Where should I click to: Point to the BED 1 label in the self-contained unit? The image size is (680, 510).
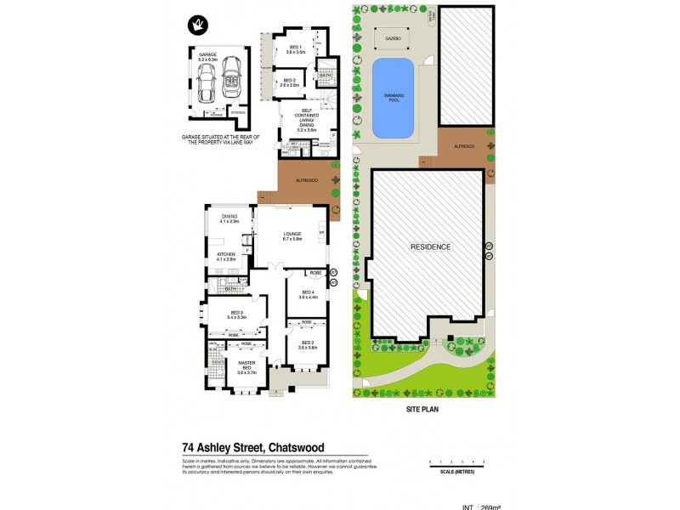[x=295, y=49]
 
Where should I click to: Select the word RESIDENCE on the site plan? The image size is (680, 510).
[x=431, y=246]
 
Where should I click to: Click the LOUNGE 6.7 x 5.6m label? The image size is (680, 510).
[x=293, y=237]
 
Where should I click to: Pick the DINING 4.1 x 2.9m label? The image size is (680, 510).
[x=229, y=219]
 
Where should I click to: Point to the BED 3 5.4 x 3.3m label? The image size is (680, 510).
[x=236, y=314]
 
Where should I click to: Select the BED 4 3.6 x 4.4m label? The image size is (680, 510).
[x=307, y=295]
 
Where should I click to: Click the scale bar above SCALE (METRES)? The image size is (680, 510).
[x=457, y=462]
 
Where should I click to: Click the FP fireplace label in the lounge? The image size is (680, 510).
[x=321, y=232]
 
